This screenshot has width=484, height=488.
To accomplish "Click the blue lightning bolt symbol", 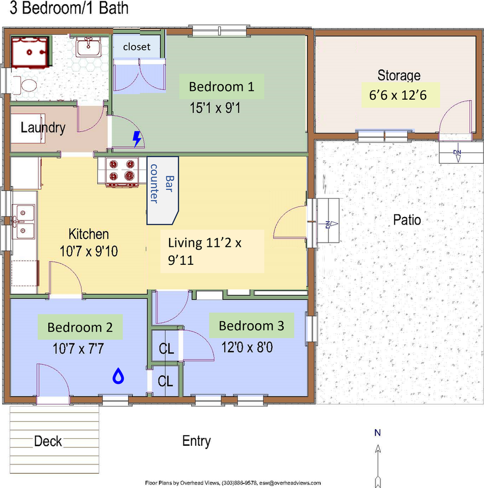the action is [x=137, y=139].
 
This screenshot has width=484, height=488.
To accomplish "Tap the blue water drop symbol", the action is [x=118, y=376].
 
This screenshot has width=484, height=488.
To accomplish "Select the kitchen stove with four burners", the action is [x=122, y=172].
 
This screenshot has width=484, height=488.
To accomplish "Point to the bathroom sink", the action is [x=88, y=47].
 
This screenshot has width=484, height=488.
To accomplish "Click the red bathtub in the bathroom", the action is [x=30, y=52].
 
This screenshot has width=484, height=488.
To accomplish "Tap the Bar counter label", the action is [x=162, y=184].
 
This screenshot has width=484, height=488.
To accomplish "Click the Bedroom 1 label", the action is [x=221, y=86].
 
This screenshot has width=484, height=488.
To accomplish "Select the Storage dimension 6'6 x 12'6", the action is [x=398, y=95].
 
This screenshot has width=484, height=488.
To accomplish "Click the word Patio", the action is [x=407, y=220].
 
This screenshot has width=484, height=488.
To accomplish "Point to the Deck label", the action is [x=48, y=441].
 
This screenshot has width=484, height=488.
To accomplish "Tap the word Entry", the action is [x=196, y=441].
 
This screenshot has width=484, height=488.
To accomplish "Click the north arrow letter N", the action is [x=378, y=433].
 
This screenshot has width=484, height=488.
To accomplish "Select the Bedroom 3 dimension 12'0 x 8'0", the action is [x=247, y=347].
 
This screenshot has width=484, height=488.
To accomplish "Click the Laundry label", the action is [x=43, y=128].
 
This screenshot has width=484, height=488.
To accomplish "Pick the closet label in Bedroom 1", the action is [x=137, y=47].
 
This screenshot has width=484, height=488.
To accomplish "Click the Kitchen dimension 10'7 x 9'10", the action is [x=88, y=251].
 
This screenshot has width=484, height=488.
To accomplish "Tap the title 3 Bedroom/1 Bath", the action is [x=69, y=8].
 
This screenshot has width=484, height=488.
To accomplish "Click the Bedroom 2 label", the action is [x=80, y=327].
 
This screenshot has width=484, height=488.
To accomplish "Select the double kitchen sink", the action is [x=23, y=222].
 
